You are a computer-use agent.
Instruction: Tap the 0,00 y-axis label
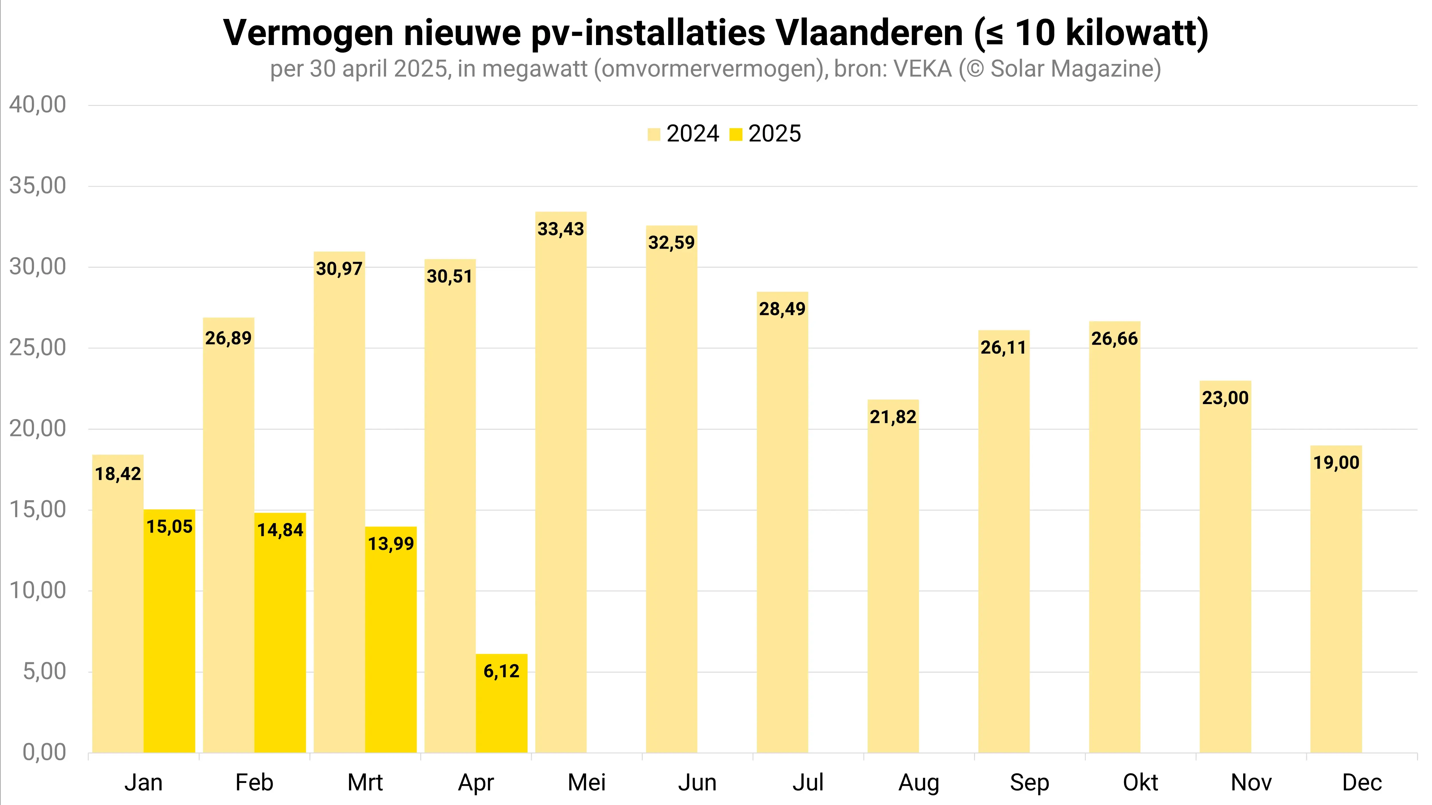pos(44,752)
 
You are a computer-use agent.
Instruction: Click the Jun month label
pos(697,782)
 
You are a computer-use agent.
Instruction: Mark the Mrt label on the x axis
pos(365,782)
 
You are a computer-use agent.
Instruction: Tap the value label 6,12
pos(501,671)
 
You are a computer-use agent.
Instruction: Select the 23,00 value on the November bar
pos(1225,398)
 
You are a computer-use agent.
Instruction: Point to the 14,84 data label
pos(280,530)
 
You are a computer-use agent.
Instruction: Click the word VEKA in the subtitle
pos(923,69)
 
